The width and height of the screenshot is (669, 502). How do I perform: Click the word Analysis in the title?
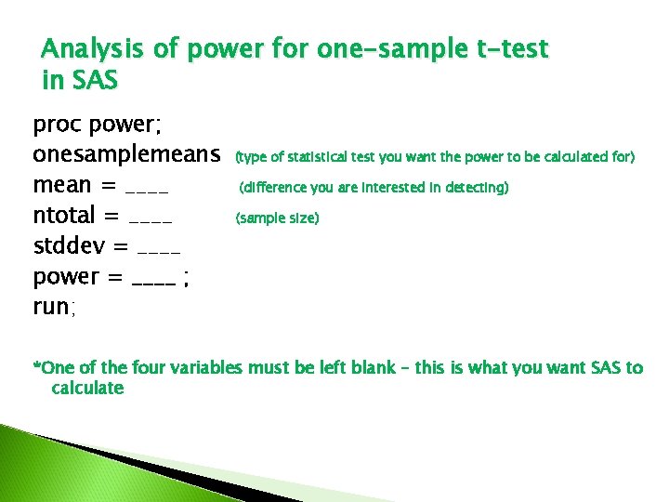(94, 48)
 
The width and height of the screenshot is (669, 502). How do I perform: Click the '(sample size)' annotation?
(278, 218)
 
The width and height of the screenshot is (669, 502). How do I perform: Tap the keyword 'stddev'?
(65, 248)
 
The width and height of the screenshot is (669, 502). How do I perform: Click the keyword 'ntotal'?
(63, 218)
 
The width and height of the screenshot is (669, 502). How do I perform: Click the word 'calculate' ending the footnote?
(87, 388)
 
